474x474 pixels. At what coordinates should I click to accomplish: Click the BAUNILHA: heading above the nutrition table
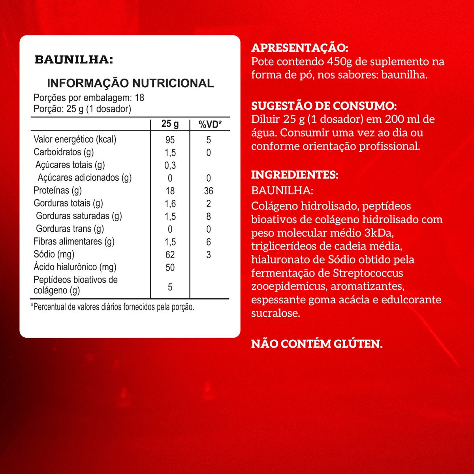[x=74, y=60]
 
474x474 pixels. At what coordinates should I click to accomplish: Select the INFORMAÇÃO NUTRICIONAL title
[x=130, y=83]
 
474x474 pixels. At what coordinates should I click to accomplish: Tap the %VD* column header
[x=210, y=124]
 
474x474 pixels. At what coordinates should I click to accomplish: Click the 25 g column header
[x=170, y=124]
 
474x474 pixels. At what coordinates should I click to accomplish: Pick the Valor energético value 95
[x=170, y=140]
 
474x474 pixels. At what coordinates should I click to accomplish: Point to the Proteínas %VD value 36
[x=209, y=191]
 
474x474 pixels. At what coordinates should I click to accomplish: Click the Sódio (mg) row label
[x=54, y=254]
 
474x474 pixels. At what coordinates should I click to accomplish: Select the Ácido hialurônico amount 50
[x=170, y=268]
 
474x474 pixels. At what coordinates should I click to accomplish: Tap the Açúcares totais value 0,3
[x=170, y=166]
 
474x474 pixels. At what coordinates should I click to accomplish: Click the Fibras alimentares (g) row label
[x=74, y=242]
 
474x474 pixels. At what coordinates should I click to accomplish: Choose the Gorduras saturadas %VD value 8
[x=209, y=216]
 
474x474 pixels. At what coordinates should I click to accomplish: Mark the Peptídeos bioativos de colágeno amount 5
[x=170, y=287]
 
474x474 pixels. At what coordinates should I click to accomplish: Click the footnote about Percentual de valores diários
[x=113, y=307]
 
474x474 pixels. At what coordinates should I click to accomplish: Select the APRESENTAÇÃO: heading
[x=300, y=48]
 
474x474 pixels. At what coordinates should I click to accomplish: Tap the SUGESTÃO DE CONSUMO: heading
[x=324, y=106]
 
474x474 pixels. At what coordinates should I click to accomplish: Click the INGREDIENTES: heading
[x=295, y=175]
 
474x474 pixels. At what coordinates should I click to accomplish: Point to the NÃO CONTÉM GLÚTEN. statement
[x=317, y=344]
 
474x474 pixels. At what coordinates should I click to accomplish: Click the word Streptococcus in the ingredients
[x=368, y=273]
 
